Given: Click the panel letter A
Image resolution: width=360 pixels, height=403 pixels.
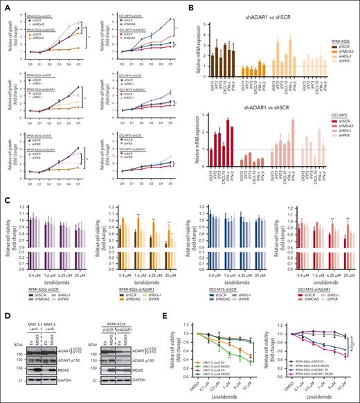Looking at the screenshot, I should [5, 5].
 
